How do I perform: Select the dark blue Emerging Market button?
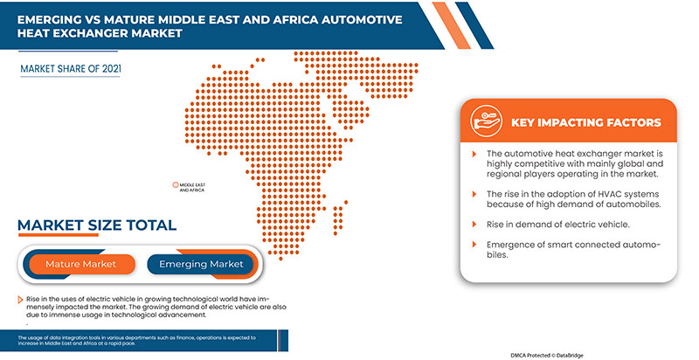[x=201, y=263]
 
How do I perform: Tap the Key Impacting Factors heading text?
[x=585, y=122]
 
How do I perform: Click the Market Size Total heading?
[x=97, y=225]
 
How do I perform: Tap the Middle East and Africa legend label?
[x=191, y=186]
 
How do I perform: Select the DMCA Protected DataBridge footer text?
[x=556, y=355]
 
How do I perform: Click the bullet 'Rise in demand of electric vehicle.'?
[x=557, y=224]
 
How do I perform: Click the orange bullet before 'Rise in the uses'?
[x=18, y=299]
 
